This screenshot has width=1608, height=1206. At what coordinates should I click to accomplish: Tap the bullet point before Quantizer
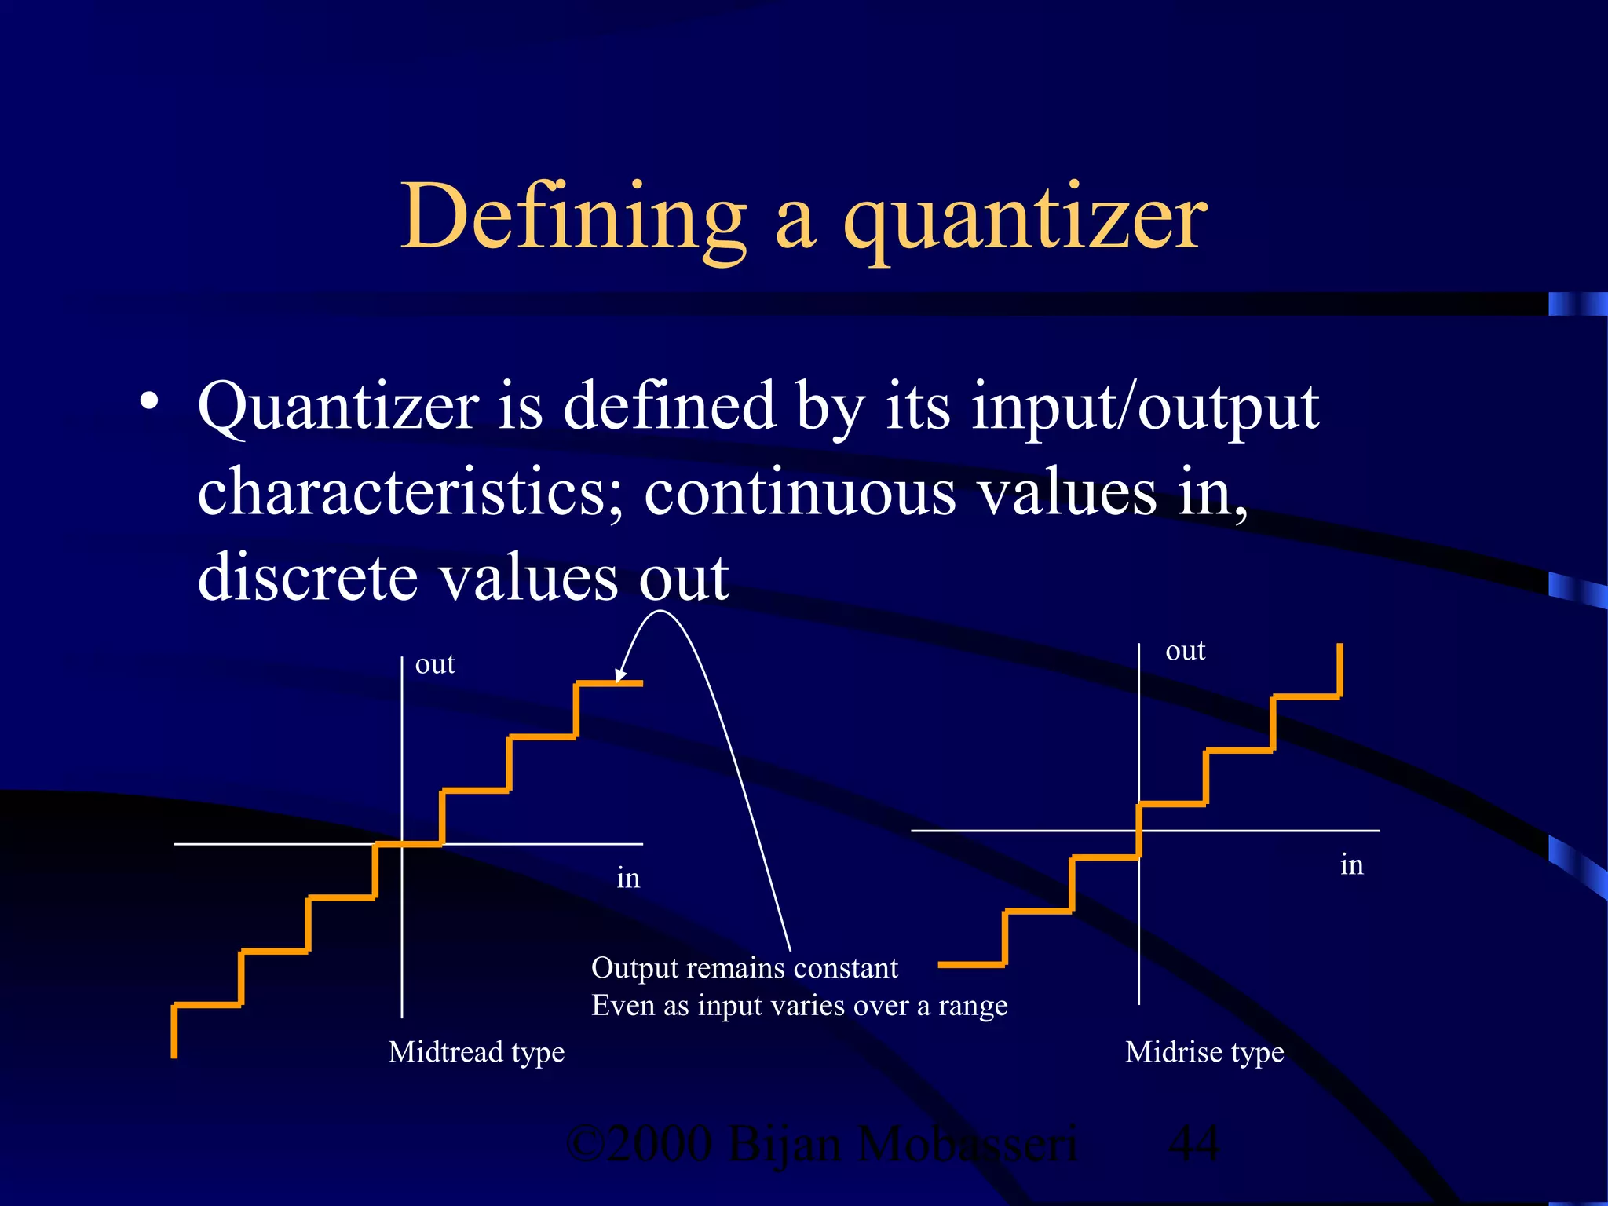click(x=148, y=402)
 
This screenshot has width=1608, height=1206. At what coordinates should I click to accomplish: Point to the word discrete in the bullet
click(x=308, y=578)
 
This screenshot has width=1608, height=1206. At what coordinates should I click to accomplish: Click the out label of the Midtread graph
click(x=434, y=664)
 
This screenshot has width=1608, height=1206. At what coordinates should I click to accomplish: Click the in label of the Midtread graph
click(x=628, y=878)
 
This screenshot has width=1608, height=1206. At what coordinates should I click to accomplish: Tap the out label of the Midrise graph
click(x=1185, y=651)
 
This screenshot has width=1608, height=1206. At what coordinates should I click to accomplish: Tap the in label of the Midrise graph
click(x=1351, y=864)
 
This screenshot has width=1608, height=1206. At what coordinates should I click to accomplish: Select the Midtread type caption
click(x=476, y=1051)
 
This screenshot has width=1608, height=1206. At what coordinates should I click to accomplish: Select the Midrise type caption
click(x=1204, y=1051)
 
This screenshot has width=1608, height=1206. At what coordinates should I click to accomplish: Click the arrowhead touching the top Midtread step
click(x=619, y=676)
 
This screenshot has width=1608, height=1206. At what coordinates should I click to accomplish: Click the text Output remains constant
click(x=744, y=968)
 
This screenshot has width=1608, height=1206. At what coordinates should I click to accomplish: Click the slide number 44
click(x=1193, y=1143)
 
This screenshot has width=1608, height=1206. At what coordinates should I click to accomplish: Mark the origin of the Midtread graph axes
click(x=402, y=844)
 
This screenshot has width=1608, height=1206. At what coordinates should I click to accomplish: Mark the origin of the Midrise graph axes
click(x=1138, y=830)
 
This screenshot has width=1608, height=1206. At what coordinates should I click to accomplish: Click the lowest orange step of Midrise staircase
click(x=972, y=964)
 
